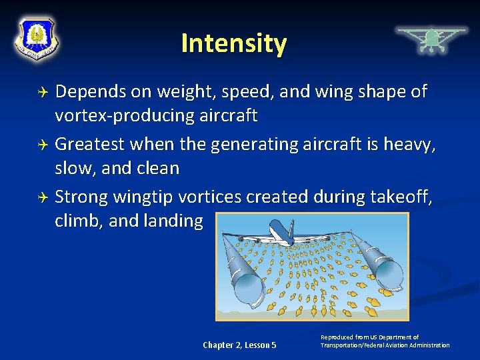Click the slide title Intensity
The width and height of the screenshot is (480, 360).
233,44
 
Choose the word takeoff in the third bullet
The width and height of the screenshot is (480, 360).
404,197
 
